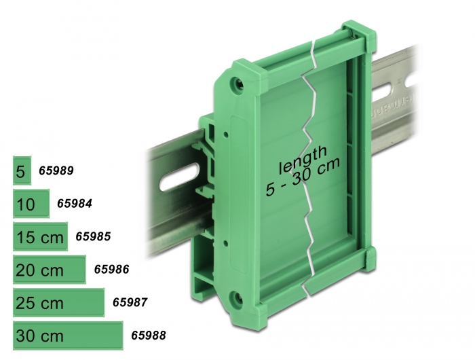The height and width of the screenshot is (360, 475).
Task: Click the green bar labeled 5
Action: coord(22,170)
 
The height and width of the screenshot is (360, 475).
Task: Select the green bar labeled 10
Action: coord(31,204)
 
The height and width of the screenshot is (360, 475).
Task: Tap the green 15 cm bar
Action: coord(40,236)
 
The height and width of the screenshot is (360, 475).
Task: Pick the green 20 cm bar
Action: coord(50,270)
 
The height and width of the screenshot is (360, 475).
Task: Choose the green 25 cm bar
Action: coord(59,303)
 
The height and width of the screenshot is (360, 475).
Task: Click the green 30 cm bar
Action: coord(68,336)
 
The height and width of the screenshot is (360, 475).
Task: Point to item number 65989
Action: coord(56,170)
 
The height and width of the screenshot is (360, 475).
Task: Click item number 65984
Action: coord(75,204)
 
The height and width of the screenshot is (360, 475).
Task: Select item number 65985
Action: coord(94,236)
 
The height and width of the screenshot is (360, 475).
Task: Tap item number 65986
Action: coord(112,269)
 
